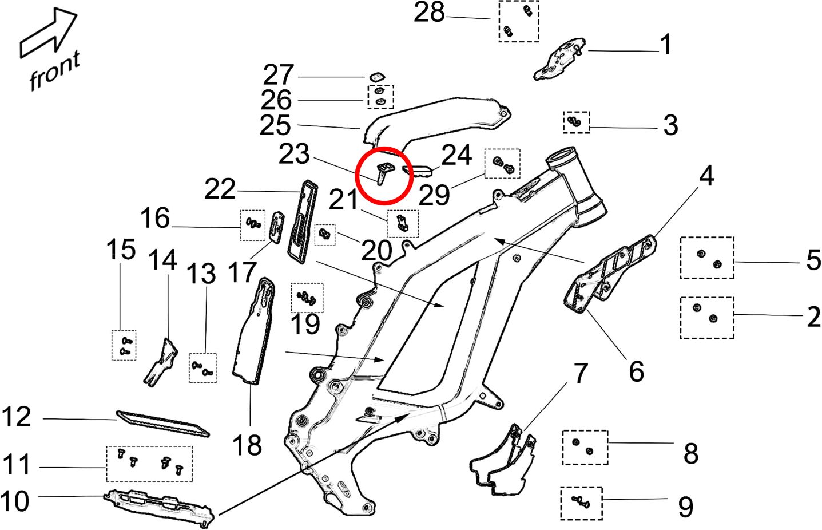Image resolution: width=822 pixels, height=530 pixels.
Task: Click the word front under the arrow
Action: click(54, 72)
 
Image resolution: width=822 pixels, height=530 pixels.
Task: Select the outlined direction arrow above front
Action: click(48, 35)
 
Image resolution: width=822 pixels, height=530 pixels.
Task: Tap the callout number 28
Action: click(429, 13)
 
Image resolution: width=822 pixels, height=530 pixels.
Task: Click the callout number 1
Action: click(666, 45)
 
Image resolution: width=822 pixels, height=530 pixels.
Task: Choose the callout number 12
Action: click(17, 417)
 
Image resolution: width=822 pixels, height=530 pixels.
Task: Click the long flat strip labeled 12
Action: click(163, 423)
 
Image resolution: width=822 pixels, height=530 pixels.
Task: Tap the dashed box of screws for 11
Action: click(149, 464)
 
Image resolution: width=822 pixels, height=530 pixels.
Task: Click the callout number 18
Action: click(247, 445)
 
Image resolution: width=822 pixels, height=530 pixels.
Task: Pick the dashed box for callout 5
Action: click(707, 258)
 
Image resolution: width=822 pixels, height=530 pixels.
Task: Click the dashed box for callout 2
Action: click(706, 317)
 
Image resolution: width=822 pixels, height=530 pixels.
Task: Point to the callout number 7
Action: click(581, 374)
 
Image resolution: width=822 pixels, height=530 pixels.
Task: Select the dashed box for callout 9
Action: click(581, 503)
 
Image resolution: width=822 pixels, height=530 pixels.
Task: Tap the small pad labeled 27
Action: click(376, 76)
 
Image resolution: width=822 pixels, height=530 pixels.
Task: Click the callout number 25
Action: click(275, 125)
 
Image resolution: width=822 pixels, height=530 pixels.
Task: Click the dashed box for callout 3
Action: click(576, 122)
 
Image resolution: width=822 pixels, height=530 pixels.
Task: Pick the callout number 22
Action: click(220, 190)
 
